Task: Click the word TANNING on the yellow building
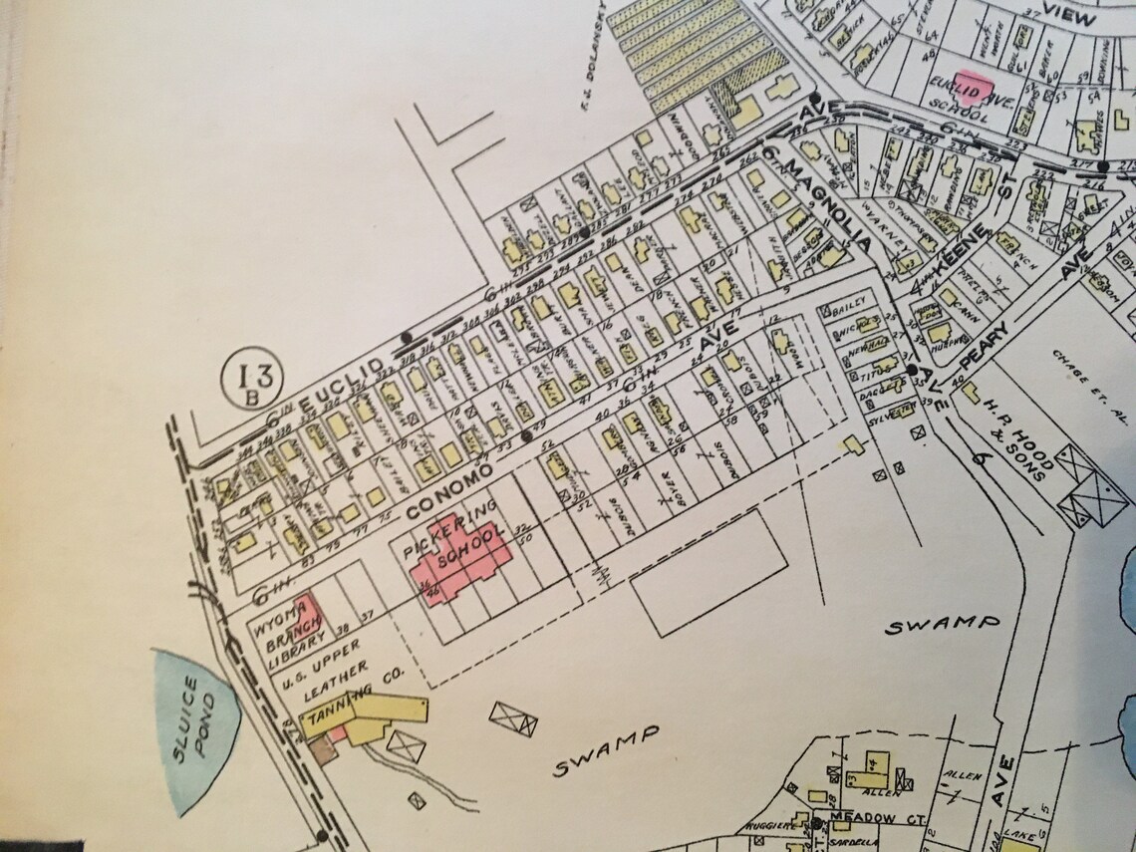pyautogui.click(x=333, y=715)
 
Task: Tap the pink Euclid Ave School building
pyautogui.click(x=973, y=86)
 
